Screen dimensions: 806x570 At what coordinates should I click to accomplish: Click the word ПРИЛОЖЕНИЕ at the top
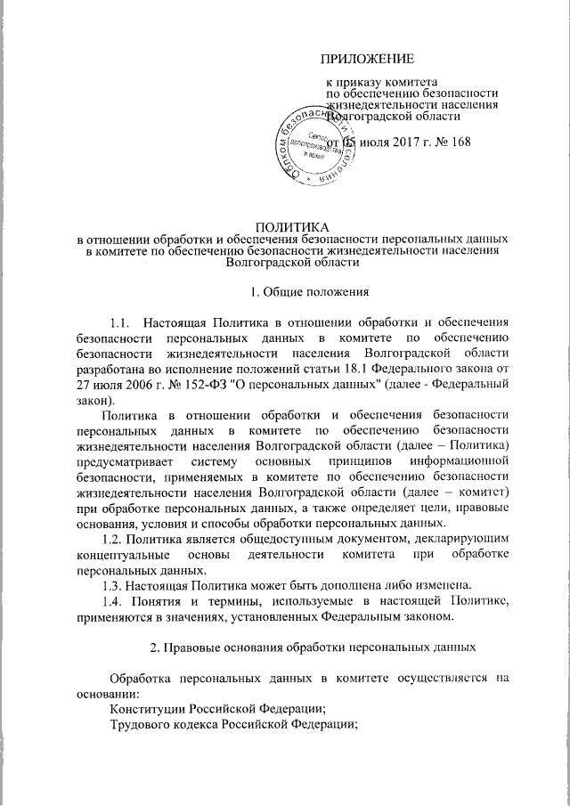(368, 60)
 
